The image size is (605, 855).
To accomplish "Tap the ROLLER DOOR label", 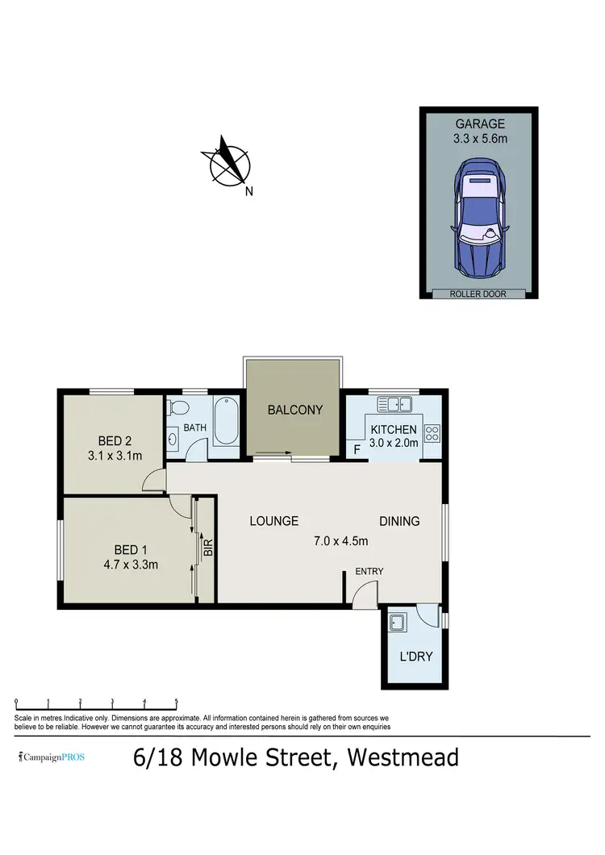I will [x=478, y=294].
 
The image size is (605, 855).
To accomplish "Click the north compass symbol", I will [x=230, y=165].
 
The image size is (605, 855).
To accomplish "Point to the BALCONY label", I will [x=294, y=410].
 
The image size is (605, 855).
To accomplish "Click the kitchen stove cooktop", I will [x=432, y=433].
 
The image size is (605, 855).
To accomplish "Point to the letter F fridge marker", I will [x=356, y=449].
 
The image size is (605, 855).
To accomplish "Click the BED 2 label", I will [x=115, y=440].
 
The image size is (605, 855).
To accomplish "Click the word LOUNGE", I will [x=273, y=521].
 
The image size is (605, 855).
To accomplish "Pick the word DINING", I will [x=399, y=521].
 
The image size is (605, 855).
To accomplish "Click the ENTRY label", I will [x=369, y=571].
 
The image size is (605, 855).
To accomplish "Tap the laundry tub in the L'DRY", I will [x=397, y=623].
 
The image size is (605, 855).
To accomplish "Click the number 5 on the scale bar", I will [x=176, y=702].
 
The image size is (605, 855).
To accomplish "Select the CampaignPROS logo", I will [x=52, y=757].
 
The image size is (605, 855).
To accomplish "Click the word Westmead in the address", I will [x=403, y=758].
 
